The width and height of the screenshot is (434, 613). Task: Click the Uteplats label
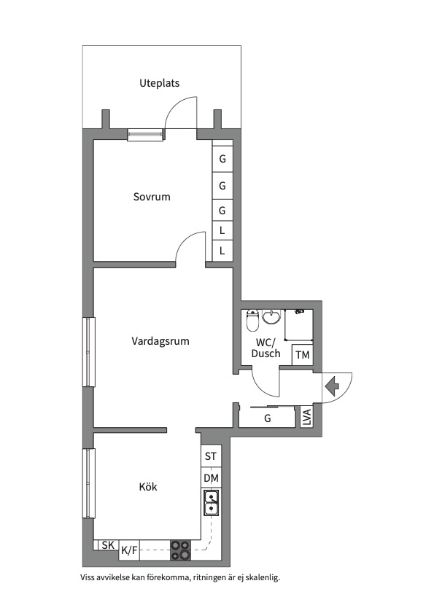[159, 83]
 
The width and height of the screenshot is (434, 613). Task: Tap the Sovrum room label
[152, 197]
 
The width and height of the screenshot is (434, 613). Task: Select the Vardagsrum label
[160, 341]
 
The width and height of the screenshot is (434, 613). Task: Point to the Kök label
[148, 487]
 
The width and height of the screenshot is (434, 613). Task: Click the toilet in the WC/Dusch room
[252, 320]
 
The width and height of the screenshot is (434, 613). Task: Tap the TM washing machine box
[303, 355]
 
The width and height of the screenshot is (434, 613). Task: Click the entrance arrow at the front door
[332, 386]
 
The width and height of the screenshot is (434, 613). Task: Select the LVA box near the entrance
[307, 417]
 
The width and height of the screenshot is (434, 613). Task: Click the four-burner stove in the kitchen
[180, 550]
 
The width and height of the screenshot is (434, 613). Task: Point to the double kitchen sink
[212, 503]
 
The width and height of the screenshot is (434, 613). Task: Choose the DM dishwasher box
[212, 477]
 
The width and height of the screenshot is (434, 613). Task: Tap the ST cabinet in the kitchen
[211, 456]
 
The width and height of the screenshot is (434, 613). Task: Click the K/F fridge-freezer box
[129, 550]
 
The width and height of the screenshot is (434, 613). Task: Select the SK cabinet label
[108, 545]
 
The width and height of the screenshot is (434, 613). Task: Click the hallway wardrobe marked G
[267, 418]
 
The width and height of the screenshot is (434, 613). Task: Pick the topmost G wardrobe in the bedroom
[222, 159]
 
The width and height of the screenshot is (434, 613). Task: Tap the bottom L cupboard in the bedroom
[222, 251]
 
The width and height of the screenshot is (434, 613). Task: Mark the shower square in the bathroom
[298, 324]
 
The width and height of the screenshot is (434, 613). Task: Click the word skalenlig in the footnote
[264, 577]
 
